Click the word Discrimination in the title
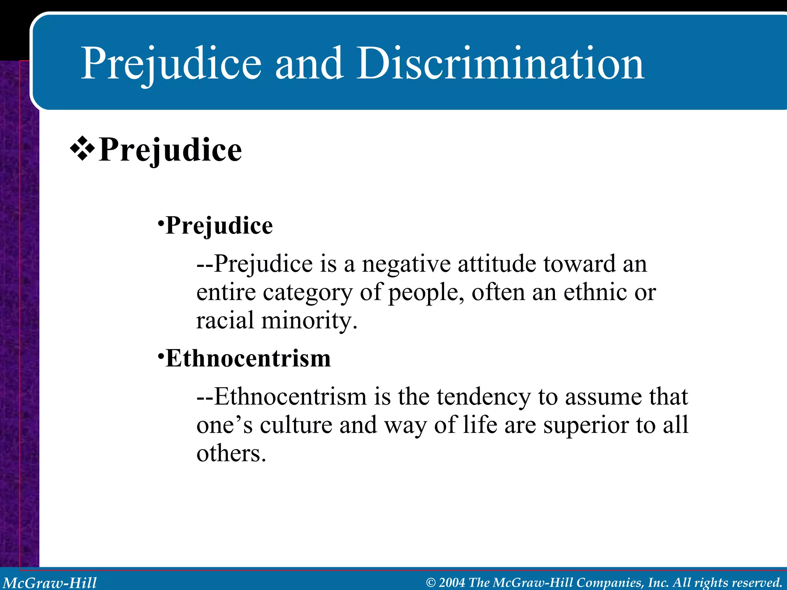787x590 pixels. [500, 63]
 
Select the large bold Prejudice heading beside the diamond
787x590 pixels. [170, 150]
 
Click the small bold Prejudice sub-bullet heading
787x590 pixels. [219, 225]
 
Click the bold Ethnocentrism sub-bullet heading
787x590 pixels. [248, 359]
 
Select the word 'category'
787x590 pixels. [307, 293]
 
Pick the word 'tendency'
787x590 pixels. [483, 397]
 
